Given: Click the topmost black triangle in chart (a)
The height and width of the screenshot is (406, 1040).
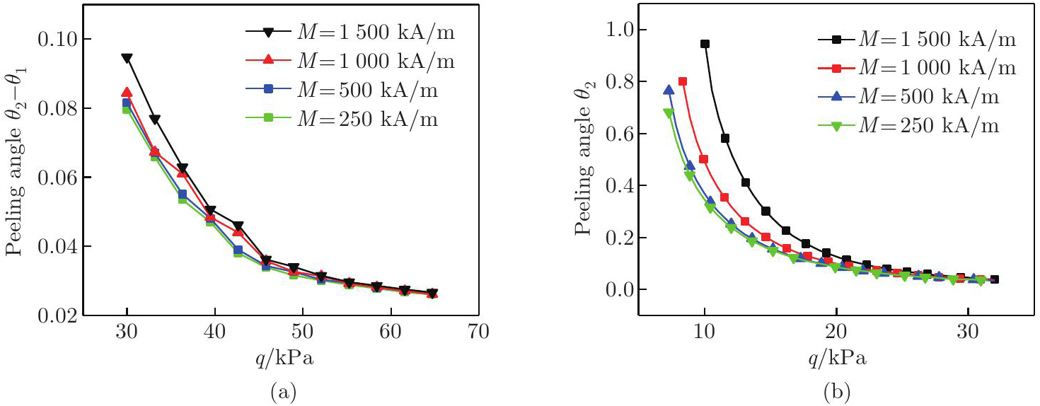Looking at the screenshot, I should click(x=127, y=58).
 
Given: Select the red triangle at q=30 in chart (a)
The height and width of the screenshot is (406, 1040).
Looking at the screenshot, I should click(x=127, y=92).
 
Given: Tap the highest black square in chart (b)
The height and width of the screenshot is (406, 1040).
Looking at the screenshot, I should click(x=705, y=44).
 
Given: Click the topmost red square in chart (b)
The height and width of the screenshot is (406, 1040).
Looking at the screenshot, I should click(x=683, y=81).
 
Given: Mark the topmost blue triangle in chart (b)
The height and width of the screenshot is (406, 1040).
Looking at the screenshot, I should click(x=669, y=90).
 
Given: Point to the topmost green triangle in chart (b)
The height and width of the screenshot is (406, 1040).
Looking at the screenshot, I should click(x=669, y=113).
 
